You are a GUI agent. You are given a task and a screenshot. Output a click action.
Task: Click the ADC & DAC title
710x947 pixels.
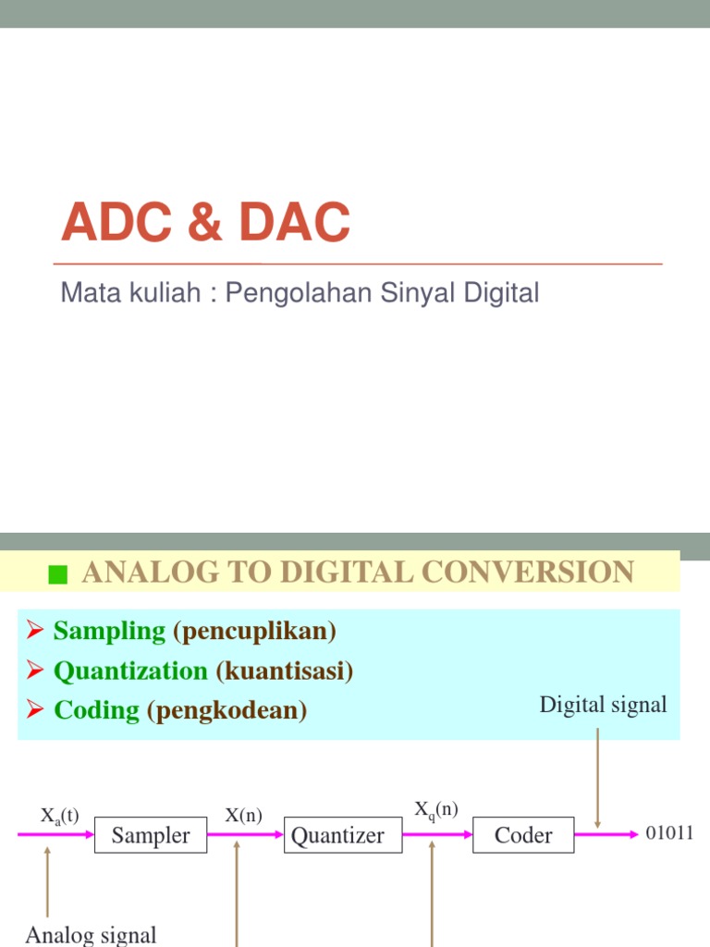(x=205, y=224)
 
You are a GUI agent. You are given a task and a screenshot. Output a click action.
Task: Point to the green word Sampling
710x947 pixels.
(x=109, y=632)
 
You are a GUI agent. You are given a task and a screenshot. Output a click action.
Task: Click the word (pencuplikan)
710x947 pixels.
(x=254, y=632)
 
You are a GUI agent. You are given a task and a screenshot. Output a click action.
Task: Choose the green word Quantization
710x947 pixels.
(x=130, y=670)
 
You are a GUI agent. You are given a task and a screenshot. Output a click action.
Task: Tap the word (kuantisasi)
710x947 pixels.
(x=285, y=670)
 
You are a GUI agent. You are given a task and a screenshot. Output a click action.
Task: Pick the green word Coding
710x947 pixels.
(x=96, y=710)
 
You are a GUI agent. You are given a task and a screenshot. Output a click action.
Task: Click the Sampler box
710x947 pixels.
(x=151, y=836)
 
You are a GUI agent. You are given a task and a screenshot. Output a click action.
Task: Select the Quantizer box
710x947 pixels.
(x=337, y=836)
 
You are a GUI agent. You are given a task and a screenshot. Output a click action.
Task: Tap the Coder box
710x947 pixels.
(x=523, y=836)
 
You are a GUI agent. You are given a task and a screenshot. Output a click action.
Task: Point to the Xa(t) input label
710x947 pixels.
(x=60, y=816)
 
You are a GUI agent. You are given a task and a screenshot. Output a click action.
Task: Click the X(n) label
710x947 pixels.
(x=244, y=816)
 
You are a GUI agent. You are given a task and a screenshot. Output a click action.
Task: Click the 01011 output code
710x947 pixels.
(x=669, y=833)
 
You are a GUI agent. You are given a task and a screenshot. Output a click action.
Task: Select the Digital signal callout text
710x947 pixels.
(x=603, y=705)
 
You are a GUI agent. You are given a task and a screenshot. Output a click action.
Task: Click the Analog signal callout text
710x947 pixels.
(x=91, y=935)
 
